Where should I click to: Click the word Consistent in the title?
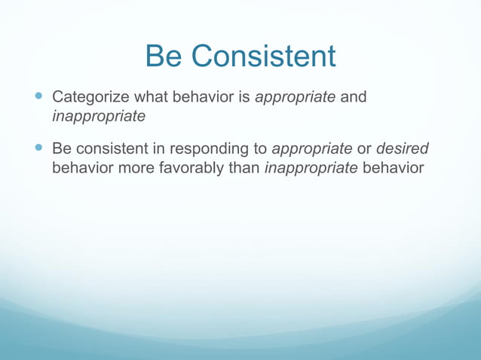click(x=263, y=56)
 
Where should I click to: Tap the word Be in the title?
click(x=164, y=56)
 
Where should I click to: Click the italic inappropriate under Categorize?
click(x=98, y=117)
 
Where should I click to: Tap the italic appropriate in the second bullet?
click(x=311, y=148)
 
